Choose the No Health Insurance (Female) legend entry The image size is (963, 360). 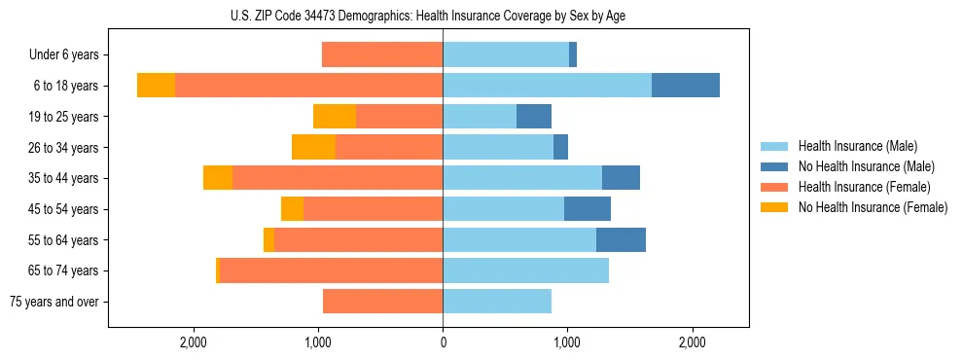click(873, 207)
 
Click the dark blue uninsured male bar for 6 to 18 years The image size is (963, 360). click(686, 86)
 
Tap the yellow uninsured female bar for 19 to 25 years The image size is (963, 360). click(335, 117)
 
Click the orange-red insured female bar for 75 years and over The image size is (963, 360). click(382, 302)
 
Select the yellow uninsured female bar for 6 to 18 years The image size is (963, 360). click(156, 86)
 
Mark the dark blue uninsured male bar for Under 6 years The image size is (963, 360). click(573, 55)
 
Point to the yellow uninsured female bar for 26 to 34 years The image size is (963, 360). click(313, 147)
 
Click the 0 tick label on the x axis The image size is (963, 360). click(443, 342)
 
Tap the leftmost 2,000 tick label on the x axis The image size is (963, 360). click(194, 342)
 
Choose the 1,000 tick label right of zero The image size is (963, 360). click(567, 342)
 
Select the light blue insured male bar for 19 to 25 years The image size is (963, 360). click(480, 117)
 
